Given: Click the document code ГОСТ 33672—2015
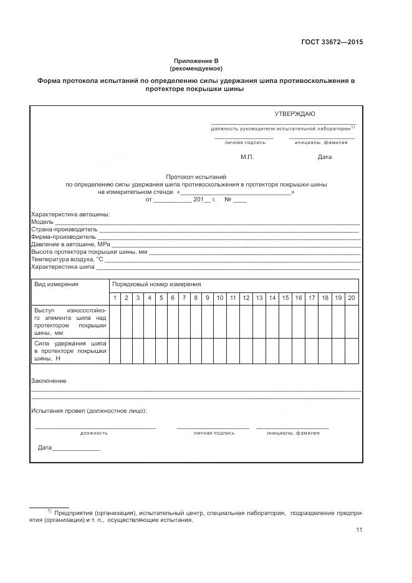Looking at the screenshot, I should pyautogui.click(x=332, y=42).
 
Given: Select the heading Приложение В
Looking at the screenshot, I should pyautogui.click(x=196, y=60).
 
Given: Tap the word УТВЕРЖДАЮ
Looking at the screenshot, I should pyautogui.click(x=295, y=113).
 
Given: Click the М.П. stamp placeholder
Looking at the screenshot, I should pyautogui.click(x=247, y=157).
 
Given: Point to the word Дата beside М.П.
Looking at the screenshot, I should pyautogui.click(x=325, y=157).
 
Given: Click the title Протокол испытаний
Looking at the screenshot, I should pyautogui.click(x=196, y=178).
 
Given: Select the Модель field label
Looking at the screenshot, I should pyautogui.click(x=42, y=222).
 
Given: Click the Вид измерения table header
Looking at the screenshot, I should pyautogui.click(x=56, y=284).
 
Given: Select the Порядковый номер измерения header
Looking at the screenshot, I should pyautogui.click(x=156, y=284).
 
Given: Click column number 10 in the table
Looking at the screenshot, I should pyautogui.click(x=219, y=298).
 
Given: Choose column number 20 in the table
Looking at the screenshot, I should pyautogui.click(x=351, y=298).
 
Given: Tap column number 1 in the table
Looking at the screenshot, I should pyautogui.click(x=115, y=298).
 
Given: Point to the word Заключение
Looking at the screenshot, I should pyautogui.click(x=49, y=380).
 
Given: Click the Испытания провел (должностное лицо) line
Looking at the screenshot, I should pyautogui.click(x=89, y=411).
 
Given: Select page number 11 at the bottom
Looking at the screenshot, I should pyautogui.click(x=359, y=530).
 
